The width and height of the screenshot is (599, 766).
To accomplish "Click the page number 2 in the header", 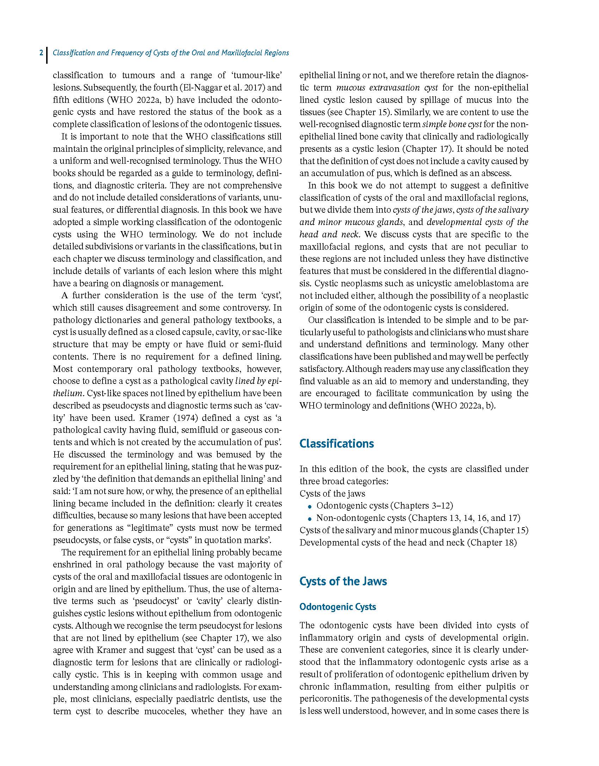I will pos(41,53).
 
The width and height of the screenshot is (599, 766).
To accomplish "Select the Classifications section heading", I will pos(336,443).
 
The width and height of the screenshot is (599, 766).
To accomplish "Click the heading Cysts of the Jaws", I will pos(343,581).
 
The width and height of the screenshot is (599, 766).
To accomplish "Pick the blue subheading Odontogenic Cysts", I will pos(338,607).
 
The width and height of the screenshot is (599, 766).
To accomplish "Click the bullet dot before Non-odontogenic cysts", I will pos(310,519).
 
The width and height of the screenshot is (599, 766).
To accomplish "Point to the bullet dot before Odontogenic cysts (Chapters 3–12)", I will pos(310,506).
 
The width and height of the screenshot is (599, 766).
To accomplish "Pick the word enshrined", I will pos(71,565).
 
